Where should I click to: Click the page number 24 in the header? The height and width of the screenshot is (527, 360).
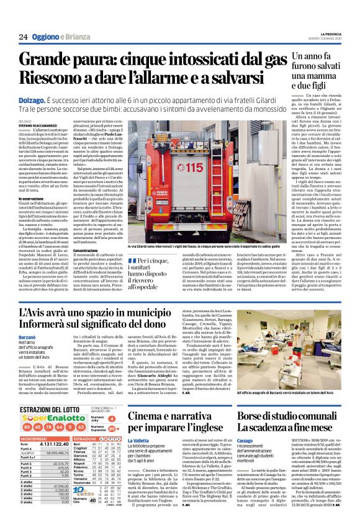coord(23,37)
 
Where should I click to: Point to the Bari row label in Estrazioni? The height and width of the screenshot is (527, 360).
coord(77,445)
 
